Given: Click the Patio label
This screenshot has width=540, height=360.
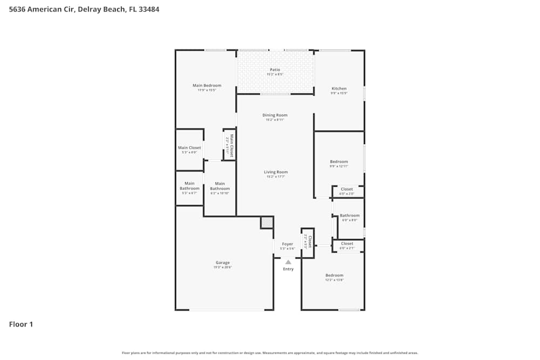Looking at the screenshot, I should pos(275,70).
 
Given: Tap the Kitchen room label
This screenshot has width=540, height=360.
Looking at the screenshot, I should pos(339,89).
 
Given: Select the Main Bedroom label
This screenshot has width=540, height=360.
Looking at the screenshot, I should pos(207,85).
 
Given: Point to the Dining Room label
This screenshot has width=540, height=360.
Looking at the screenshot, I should pos(275,115).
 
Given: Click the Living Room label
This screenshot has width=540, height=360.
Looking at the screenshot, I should pos(275,172).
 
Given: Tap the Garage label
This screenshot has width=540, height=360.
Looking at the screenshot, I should pos(222,263).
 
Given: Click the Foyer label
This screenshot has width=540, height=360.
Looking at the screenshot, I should pos(288,244).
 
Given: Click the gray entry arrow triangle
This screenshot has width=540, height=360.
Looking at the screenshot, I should pos(288,262).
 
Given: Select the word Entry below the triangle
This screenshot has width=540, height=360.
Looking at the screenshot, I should pos(288,269).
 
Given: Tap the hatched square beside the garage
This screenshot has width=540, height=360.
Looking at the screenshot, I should pos(267,222).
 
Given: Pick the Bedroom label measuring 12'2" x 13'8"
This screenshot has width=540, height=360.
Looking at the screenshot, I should pos(334,275).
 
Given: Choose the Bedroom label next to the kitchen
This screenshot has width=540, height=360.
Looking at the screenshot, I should pos(339,161).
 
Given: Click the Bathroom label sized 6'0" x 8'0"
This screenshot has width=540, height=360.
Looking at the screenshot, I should pos(349,215).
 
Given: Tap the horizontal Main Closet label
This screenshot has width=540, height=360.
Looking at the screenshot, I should pos(190,148).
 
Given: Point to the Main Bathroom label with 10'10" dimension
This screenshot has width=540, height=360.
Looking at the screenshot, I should pos(220,186).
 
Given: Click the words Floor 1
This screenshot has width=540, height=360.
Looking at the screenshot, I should pos(21,324).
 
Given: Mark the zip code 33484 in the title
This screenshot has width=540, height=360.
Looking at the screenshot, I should pos(148,9).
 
